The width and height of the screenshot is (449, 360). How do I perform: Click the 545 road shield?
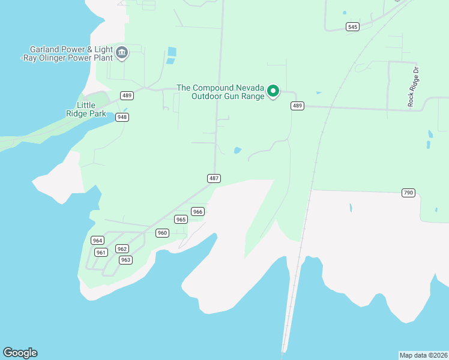point(352,26)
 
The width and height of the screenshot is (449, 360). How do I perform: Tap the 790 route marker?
point(408,193)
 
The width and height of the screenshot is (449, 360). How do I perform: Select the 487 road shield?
point(214,178)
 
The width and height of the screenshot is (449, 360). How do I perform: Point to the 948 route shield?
point(122,117)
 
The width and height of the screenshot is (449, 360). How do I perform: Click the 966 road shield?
point(198,211)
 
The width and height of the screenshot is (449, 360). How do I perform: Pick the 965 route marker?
point(181,220)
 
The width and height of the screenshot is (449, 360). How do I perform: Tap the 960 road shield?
point(162,233)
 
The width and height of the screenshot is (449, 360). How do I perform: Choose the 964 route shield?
point(97,240)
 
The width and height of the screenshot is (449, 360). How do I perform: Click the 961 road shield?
point(101,252)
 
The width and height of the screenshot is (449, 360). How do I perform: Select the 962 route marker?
point(122,248)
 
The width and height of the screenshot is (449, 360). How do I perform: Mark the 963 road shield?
point(125,260)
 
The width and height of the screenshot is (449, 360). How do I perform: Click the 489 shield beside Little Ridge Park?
point(127,95)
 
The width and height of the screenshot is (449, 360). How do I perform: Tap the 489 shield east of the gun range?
point(297,106)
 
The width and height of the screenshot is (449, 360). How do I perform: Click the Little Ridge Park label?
point(87,109)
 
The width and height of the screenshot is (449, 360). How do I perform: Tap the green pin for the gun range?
point(273,91)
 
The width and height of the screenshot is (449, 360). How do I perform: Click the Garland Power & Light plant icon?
point(122,53)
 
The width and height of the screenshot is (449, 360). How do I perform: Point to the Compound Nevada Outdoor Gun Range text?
point(220,92)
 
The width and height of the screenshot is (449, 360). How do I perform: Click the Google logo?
point(20,353)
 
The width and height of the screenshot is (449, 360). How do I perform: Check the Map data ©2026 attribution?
point(423,355)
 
